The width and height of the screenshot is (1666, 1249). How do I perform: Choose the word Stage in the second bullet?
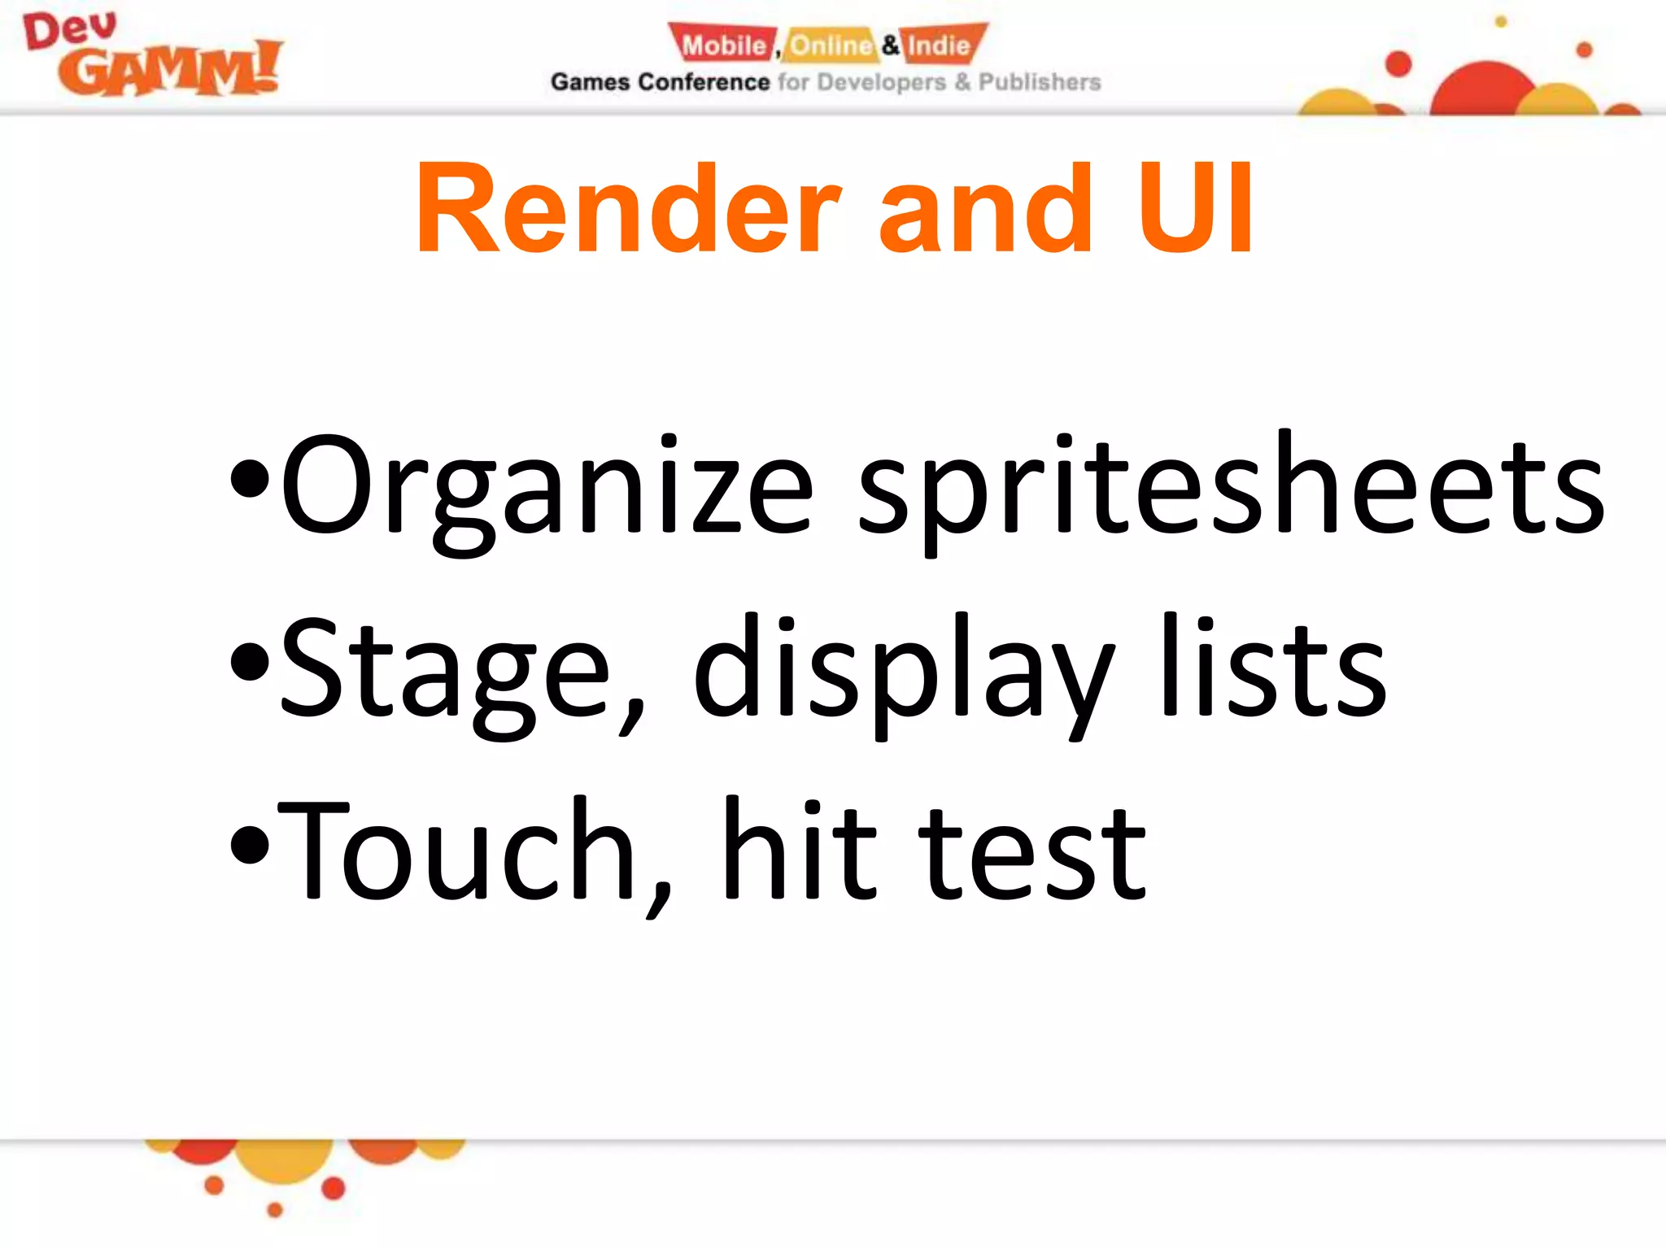pyautogui.click(x=444, y=672)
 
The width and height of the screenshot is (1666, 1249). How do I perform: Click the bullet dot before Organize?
pyautogui.click(x=249, y=480)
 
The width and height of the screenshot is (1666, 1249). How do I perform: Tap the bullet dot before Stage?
pyautogui.click(x=249, y=662)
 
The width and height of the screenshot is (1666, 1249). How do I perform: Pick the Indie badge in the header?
pyautogui.click(x=940, y=45)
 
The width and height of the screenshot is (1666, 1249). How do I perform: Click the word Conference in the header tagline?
pyautogui.click(x=704, y=82)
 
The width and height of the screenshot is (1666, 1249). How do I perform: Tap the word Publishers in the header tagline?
pyautogui.click(x=1039, y=82)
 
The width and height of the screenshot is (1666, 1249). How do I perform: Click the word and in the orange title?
pyautogui.click(x=984, y=210)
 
